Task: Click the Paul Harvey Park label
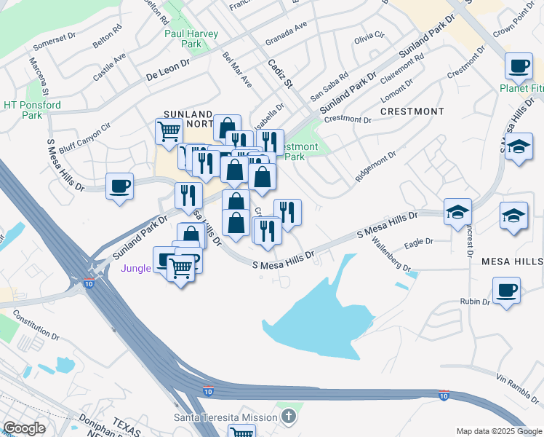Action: pyautogui.click(x=182, y=39)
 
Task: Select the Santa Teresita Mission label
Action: pyautogui.click(x=225, y=417)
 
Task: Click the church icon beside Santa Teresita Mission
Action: pyautogui.click(x=289, y=417)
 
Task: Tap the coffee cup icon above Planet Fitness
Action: pyautogui.click(x=519, y=67)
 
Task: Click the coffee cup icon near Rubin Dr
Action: pyautogui.click(x=507, y=290)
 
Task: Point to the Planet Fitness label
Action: pyautogui.click(x=521, y=89)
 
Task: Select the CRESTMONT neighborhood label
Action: pyautogui.click(x=412, y=111)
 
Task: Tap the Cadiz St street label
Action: pyautogui.click(x=279, y=74)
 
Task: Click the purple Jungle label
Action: pyautogui.click(x=135, y=268)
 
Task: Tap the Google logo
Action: pyautogui.click(x=24, y=428)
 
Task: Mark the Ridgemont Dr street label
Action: pyautogui.click(x=375, y=167)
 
